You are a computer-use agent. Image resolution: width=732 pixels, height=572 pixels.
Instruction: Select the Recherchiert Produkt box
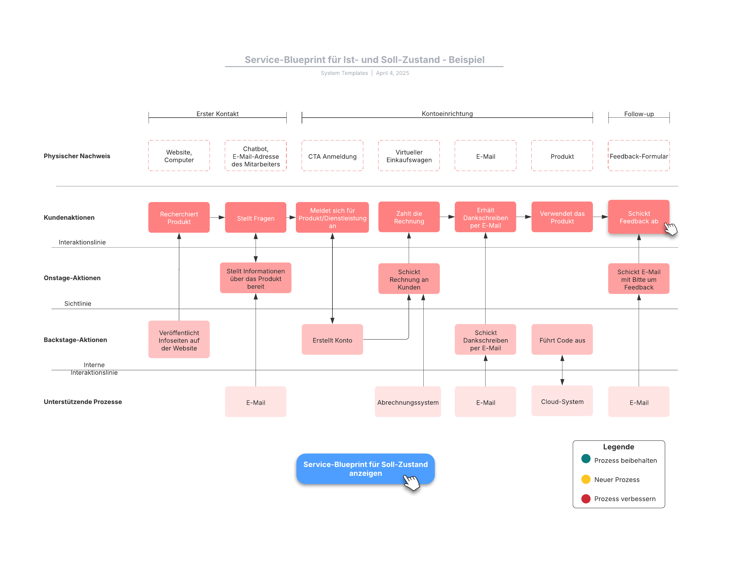pyautogui.click(x=179, y=217)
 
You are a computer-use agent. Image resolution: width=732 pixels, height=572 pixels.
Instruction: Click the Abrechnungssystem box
pyautogui.click(x=408, y=402)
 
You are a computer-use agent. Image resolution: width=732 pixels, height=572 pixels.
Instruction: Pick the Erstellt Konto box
pyautogui.click(x=332, y=339)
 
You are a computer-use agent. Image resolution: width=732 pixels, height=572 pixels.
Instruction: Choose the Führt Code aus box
pyautogui.click(x=562, y=339)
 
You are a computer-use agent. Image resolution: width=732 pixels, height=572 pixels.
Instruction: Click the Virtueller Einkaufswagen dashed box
pyautogui.click(x=409, y=156)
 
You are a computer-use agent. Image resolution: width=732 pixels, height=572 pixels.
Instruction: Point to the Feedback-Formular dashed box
pyautogui.click(x=639, y=156)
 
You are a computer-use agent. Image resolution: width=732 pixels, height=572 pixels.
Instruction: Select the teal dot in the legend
pyautogui.click(x=586, y=459)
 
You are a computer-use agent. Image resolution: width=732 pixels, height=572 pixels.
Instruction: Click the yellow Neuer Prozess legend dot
pyautogui.click(x=586, y=479)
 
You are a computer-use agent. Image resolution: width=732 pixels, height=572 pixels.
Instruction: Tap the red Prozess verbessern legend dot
pyautogui.click(x=586, y=499)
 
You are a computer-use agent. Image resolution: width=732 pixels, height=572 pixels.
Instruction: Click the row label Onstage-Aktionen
pyautogui.click(x=72, y=278)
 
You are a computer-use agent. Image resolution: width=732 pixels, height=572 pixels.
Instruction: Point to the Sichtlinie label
pyautogui.click(x=78, y=304)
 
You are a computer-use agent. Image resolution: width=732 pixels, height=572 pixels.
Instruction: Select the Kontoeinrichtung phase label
pyautogui.click(x=447, y=114)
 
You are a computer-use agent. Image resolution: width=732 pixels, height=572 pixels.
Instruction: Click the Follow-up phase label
pyautogui.click(x=639, y=114)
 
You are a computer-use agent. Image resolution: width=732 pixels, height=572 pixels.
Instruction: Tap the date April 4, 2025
pyautogui.click(x=393, y=73)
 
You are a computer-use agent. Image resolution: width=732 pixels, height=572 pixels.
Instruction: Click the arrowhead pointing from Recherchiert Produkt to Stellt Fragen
pyautogui.click(x=221, y=217)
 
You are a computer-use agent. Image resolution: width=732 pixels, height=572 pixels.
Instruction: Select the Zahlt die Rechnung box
pyautogui.click(x=409, y=217)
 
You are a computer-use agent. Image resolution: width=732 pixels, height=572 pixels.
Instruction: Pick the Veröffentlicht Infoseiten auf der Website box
pyautogui.click(x=179, y=339)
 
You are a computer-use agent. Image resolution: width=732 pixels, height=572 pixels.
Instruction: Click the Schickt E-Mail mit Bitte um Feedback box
pyautogui.click(x=639, y=279)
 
